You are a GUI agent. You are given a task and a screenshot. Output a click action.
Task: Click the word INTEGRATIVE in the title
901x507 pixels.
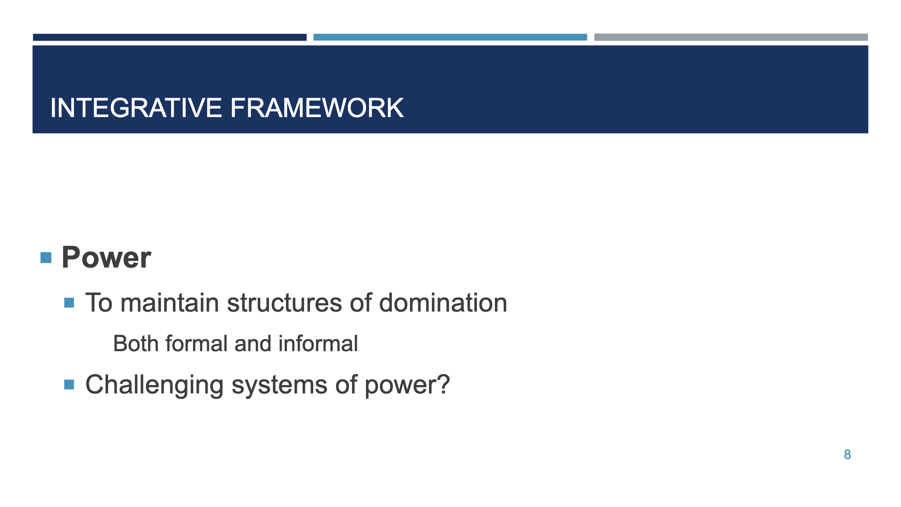click(136, 108)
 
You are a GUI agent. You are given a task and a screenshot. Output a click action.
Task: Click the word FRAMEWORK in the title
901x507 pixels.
click(316, 108)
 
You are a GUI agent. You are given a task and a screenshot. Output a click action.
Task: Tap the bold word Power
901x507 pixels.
click(106, 257)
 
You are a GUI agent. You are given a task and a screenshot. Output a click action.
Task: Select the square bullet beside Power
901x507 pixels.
click(46, 257)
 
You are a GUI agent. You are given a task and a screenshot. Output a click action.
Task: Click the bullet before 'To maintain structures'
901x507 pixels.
click(69, 303)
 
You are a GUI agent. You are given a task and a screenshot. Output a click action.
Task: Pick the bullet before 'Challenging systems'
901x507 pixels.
click(69, 385)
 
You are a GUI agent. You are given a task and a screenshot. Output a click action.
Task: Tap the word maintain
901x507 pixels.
click(169, 303)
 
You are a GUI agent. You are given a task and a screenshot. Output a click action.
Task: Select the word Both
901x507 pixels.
click(136, 344)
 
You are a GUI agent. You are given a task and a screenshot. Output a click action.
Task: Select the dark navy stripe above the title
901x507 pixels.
click(169, 37)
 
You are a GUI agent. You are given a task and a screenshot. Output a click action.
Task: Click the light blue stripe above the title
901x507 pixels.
click(450, 37)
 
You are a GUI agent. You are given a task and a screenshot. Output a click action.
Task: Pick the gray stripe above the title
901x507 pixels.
click(731, 37)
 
